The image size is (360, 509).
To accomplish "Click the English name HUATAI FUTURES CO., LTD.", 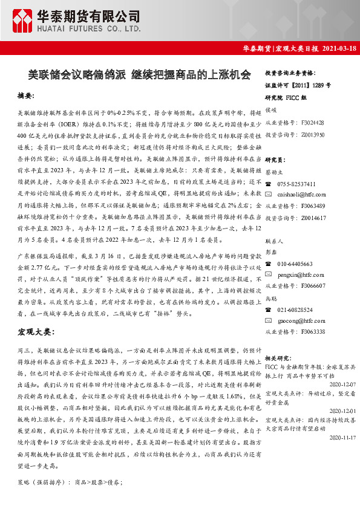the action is (90, 28).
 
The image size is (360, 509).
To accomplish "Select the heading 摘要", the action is (25, 96).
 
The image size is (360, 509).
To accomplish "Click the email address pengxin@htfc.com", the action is (299, 274).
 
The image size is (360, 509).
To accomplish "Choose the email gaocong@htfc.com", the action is (299, 320).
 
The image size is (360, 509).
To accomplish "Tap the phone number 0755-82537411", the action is (296, 184).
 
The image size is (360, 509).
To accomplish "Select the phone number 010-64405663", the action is (295, 264).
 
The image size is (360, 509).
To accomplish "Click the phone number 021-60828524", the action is (295, 310).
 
